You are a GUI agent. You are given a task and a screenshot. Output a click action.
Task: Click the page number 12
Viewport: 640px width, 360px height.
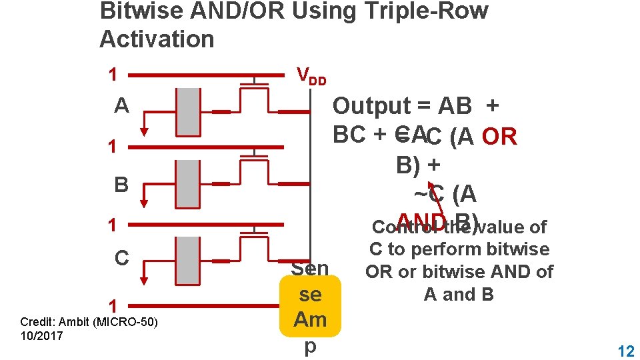(x=625, y=351)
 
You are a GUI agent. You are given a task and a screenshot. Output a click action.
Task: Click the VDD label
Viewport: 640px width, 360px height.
(x=311, y=77)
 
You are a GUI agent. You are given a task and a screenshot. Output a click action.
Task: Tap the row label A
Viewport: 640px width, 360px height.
(x=121, y=106)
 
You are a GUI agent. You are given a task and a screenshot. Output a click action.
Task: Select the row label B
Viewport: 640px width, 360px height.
(x=121, y=184)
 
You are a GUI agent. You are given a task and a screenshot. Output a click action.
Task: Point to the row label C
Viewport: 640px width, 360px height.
(x=121, y=258)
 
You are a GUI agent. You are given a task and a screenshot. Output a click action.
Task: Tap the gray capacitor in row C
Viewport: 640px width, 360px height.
(x=189, y=260)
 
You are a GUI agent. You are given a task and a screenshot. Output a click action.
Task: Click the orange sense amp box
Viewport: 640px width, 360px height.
(x=311, y=307)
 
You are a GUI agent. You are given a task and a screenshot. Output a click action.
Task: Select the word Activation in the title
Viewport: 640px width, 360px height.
(x=157, y=39)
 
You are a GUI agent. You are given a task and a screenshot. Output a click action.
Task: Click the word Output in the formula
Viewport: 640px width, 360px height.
(x=371, y=105)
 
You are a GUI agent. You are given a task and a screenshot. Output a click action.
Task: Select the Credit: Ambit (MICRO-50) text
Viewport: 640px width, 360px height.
(x=89, y=322)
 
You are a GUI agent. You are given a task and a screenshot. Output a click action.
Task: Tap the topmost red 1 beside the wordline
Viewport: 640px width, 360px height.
(x=113, y=73)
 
